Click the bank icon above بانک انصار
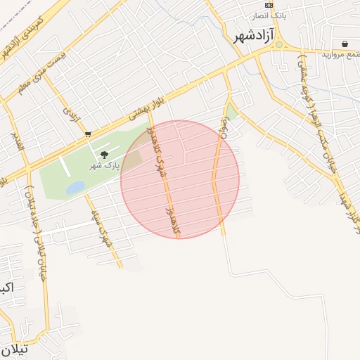tap(269, 4)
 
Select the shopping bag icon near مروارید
tap(345, 43)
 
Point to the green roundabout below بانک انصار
tap(278, 44)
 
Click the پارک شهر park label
tap(104, 166)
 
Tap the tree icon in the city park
tap(105, 155)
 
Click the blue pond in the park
tap(75, 188)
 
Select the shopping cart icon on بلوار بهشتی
tap(87, 134)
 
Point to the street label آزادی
tap(70, 118)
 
